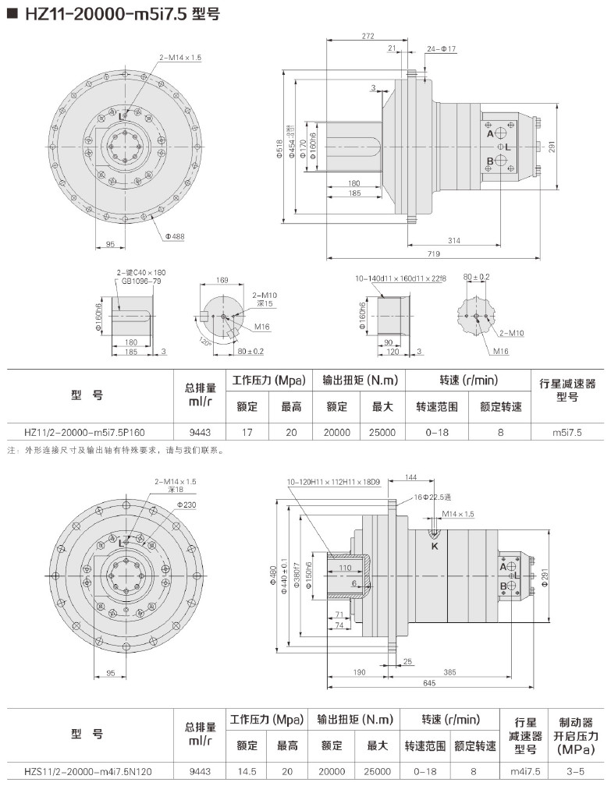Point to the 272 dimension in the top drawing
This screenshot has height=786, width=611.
click(368, 37)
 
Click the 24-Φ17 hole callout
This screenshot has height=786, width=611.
click(441, 49)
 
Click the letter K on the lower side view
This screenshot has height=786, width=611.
click(434, 547)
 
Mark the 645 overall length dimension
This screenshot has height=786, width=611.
click(430, 683)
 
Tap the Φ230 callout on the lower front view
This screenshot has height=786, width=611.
click(186, 505)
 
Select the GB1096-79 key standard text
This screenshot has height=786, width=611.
click(140, 281)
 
